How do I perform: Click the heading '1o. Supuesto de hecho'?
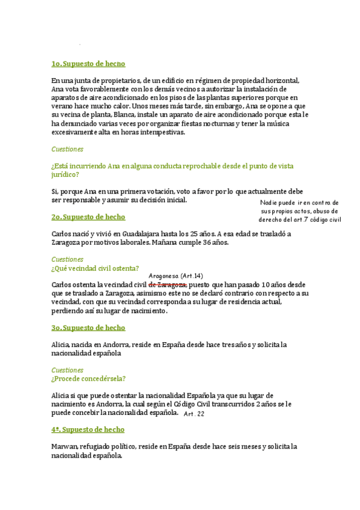[x=88, y=64]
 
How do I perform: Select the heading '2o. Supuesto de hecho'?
[x=88, y=217]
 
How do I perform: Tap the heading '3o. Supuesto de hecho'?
[x=88, y=328]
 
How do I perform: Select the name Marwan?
[x=66, y=447]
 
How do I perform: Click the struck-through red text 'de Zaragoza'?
[x=168, y=284]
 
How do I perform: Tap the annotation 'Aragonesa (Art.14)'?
[x=175, y=274]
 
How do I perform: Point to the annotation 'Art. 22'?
[x=194, y=414]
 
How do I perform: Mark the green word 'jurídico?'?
[x=66, y=174]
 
